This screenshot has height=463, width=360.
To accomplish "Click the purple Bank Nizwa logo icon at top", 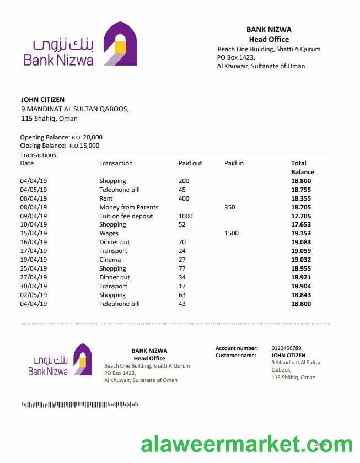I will pyautogui.click(x=121, y=44).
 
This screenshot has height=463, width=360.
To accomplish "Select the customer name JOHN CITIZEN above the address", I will pyautogui.click(x=42, y=100).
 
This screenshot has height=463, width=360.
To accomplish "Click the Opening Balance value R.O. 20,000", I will pyautogui.click(x=87, y=137).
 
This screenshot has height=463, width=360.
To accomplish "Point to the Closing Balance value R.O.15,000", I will pyautogui.click(x=84, y=146).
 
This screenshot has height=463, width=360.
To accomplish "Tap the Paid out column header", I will pyautogui.click(x=190, y=163).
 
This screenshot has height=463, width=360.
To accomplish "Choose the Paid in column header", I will pyautogui.click(x=234, y=163).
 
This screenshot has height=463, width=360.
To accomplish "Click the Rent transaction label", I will pyautogui.click(x=106, y=198).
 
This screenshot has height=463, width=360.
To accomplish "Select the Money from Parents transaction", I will pyautogui.click(x=128, y=207).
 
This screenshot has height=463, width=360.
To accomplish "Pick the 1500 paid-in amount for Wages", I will pyautogui.click(x=232, y=233).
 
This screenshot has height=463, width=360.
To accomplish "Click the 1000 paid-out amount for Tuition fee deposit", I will pyautogui.click(x=186, y=216).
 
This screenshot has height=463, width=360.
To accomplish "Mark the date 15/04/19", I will pyautogui.click(x=34, y=233).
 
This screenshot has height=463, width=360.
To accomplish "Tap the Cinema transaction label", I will pyautogui.click(x=110, y=260).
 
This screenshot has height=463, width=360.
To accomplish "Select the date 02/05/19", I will pyautogui.click(x=34, y=295).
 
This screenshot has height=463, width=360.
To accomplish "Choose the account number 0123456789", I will pyautogui.click(x=286, y=348).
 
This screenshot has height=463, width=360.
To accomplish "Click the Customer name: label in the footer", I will pyautogui.click(x=235, y=356).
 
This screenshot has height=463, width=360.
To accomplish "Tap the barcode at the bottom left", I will pyautogui.click(x=80, y=405).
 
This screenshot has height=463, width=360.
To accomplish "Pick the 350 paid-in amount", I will pyautogui.click(x=230, y=207).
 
